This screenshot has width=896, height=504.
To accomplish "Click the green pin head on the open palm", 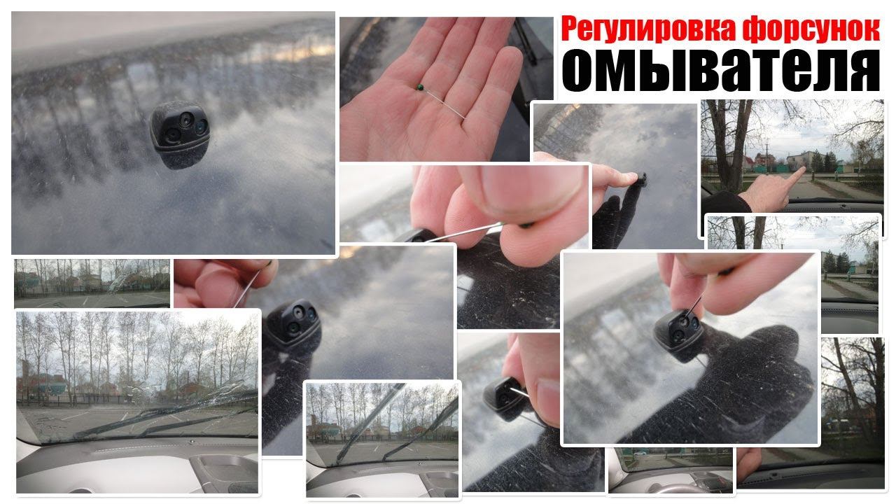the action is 420,87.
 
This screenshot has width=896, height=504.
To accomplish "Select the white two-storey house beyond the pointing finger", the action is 800,160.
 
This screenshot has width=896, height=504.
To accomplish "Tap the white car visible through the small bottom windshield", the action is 640,454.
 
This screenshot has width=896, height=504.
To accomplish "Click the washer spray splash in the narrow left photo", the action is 119,281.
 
